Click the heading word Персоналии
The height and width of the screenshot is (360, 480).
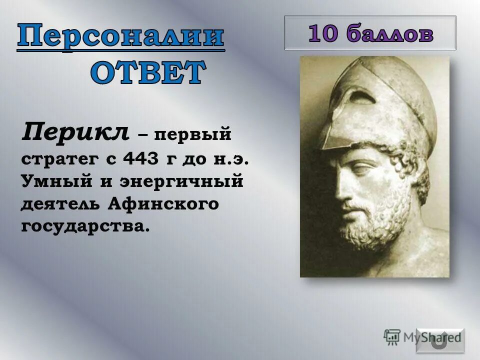(121, 38)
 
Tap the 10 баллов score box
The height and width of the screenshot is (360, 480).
(370, 33)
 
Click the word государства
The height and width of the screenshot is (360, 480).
(85, 226)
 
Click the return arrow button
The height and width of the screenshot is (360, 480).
(440, 340)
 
